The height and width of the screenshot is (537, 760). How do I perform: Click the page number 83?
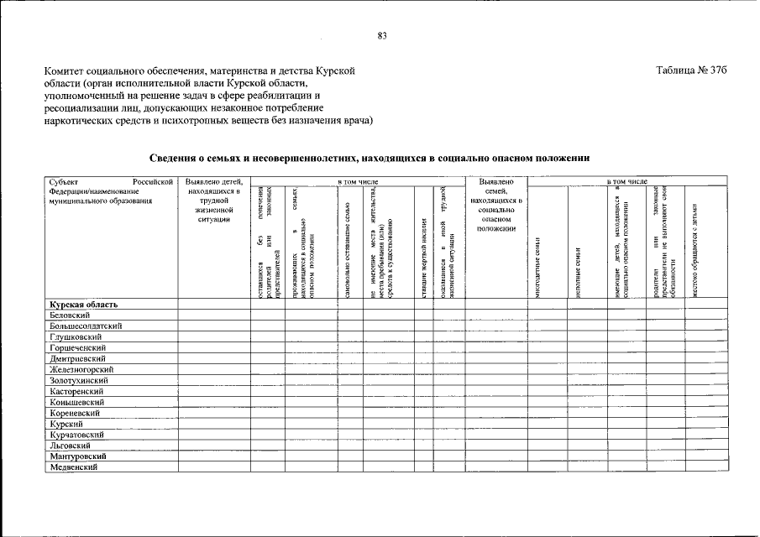point(382,35)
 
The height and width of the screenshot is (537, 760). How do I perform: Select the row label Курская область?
point(83,304)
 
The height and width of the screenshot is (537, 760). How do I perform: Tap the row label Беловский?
point(71,315)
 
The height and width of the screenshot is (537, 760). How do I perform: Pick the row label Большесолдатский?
point(86,326)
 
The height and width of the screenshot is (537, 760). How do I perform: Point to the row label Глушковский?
point(76,336)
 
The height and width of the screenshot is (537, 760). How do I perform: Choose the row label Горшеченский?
point(77,347)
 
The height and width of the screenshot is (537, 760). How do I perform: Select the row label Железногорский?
point(81,369)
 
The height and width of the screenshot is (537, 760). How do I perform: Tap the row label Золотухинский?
point(79,380)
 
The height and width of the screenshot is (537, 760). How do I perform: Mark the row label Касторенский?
point(77,391)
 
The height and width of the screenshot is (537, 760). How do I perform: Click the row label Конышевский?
point(76,402)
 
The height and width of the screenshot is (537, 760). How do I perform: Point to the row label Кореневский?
point(76,413)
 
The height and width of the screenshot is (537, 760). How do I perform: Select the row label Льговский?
point(70,446)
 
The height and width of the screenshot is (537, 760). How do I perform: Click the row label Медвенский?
point(74,467)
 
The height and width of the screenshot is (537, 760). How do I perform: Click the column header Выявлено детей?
point(215,181)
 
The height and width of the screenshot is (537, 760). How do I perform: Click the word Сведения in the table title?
point(173,157)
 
